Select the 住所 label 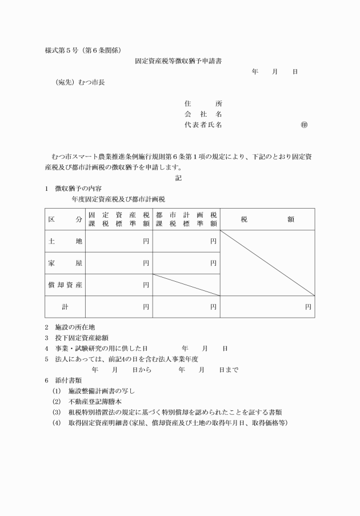203,103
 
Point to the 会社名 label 203,114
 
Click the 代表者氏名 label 203,124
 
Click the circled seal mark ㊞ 303,124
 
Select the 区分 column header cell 65,219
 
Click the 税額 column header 267,219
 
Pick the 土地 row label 65,242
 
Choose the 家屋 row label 65,263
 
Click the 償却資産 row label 65,285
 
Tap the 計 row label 65,307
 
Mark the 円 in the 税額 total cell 308,307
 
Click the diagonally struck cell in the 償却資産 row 186,285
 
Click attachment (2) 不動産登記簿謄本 91,401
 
